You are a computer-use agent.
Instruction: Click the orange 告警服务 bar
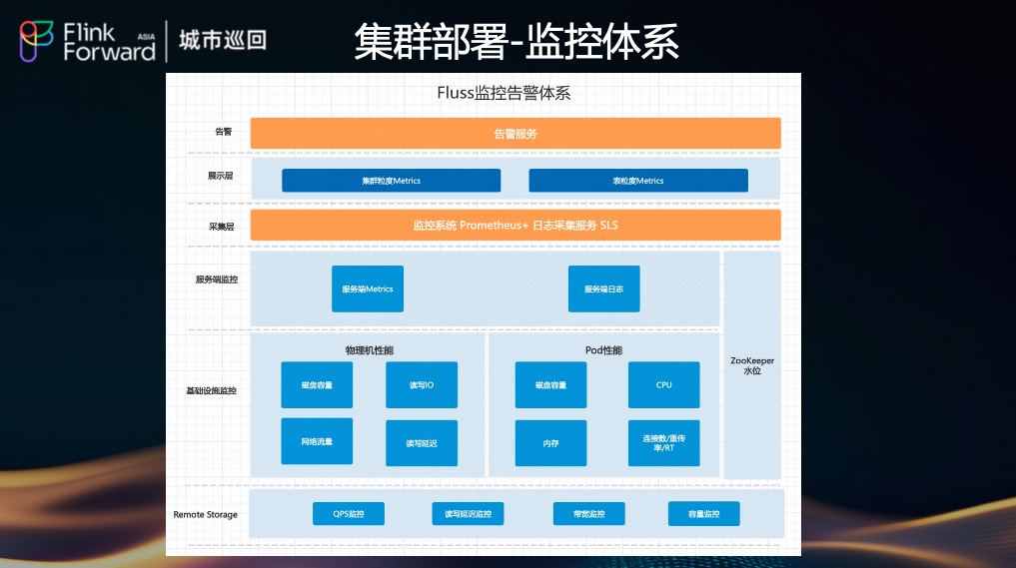point(514,133)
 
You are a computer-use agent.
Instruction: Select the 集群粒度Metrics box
point(391,181)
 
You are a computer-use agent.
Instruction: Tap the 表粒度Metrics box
point(637,181)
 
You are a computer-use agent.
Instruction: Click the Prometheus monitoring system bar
point(514,226)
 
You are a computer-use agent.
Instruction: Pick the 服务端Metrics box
point(367,288)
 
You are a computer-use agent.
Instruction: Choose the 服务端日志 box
point(603,288)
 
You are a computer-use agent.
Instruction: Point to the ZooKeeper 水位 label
point(752,365)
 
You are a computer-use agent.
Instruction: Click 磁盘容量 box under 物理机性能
point(317,385)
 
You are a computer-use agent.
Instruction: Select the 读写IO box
point(421,385)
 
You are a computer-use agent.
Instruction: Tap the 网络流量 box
point(317,441)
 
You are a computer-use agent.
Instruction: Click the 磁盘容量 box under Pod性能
point(550,385)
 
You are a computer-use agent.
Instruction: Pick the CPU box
point(663,385)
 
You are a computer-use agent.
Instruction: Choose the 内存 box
point(550,443)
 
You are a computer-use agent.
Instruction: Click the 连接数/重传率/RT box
point(663,443)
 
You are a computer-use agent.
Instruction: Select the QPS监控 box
point(348,514)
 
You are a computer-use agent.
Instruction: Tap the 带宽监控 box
point(588,514)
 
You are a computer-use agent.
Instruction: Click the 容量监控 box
point(703,514)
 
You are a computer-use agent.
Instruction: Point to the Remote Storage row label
point(206,515)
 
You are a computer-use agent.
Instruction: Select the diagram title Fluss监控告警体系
point(504,94)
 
